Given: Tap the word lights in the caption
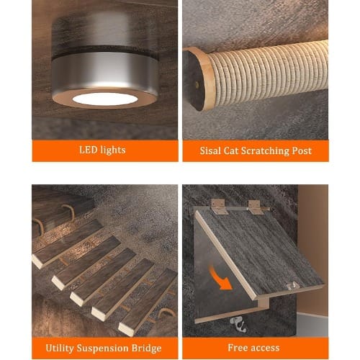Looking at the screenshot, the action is coord(113,150).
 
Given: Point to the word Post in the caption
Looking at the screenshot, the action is coord(302,150).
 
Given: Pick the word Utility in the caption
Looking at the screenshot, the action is coord(60,348).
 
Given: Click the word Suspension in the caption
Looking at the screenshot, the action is coord(103,348).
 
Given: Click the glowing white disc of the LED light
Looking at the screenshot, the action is coord(105,99).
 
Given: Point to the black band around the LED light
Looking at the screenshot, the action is coord(105,52).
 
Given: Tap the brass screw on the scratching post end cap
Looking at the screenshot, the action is coord(197,84).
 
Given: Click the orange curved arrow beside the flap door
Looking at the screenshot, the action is coord(220,278).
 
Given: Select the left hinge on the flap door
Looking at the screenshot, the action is coord(218,207).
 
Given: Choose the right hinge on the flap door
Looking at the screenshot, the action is coord(255,207).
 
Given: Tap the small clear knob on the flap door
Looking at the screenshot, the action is coord(293,286).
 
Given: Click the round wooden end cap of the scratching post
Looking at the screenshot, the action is coord(197,79).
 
